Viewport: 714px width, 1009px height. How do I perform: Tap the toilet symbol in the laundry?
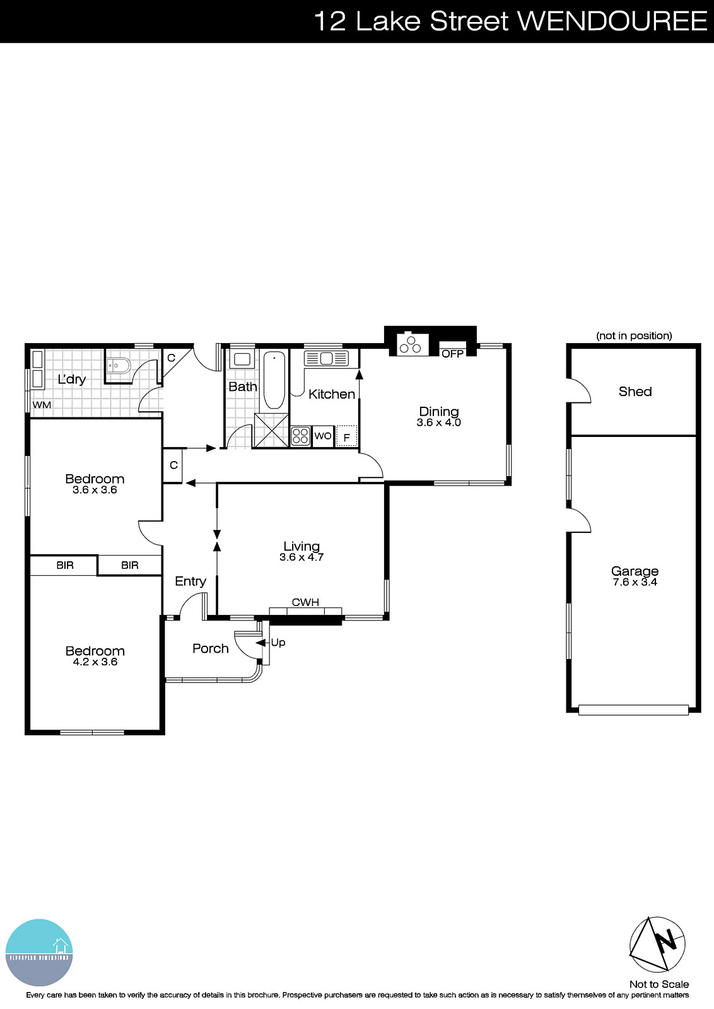point(119,365)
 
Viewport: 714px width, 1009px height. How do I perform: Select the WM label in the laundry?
point(42,405)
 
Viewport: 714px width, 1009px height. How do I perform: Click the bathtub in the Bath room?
point(274,380)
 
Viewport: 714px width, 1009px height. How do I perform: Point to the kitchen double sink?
point(326,358)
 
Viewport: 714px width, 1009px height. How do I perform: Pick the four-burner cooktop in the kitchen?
point(300,436)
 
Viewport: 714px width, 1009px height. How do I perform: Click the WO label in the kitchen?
point(322,436)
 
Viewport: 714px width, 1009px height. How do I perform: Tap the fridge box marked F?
point(346,436)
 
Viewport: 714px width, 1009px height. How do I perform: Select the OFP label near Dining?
point(452,354)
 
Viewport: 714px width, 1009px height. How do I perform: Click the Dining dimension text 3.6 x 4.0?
point(438,423)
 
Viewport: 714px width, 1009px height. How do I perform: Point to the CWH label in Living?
point(305,602)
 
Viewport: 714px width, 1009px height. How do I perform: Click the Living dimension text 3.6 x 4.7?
point(301,557)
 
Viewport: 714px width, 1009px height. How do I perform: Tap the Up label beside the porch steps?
point(278,643)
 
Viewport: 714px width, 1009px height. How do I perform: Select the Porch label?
point(210,648)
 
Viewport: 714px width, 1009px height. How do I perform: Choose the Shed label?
point(635,392)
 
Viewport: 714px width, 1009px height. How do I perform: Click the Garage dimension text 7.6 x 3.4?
point(635,582)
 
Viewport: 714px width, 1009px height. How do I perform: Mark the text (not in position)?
point(634,335)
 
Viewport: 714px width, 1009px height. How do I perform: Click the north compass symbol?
point(657,944)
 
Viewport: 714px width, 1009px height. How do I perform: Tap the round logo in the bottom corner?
point(39,952)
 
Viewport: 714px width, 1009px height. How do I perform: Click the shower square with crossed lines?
point(271,431)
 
